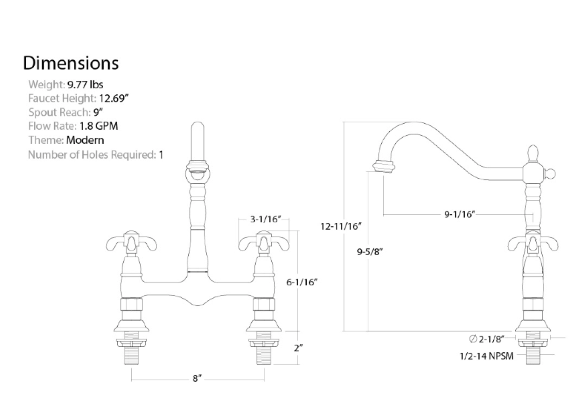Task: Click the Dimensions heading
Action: pos(70,63)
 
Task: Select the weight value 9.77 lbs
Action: pos(85,85)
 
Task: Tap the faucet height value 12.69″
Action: pos(114,98)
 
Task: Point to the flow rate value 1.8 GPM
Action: pos(99,126)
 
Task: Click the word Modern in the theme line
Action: pos(85,140)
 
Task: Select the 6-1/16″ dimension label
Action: pos(302,282)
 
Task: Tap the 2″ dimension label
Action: pos(298,348)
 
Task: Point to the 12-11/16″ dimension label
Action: pos(341,226)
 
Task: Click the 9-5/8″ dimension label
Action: pos(369,252)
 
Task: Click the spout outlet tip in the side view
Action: pos(383,167)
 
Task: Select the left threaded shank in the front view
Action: pos(131,352)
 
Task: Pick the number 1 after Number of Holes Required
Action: pos(161,155)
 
